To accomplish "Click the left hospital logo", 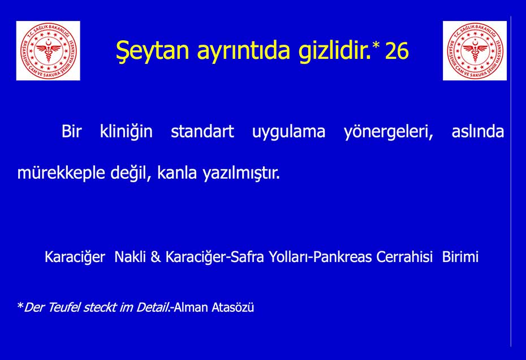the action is point(48,51).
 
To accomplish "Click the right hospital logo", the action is point(475,51).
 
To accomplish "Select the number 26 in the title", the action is point(397,51).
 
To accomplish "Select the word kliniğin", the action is point(126,132).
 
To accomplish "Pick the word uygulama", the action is point(288,132).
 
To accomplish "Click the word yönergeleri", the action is point(389,132).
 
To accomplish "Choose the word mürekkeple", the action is point(61,174).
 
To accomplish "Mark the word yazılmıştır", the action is point(241,174).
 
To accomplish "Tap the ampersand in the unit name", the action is point(156,257).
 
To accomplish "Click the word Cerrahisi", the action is point(404,257).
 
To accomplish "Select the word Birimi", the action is point(460,257).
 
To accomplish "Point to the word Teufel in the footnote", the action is point(64,307).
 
